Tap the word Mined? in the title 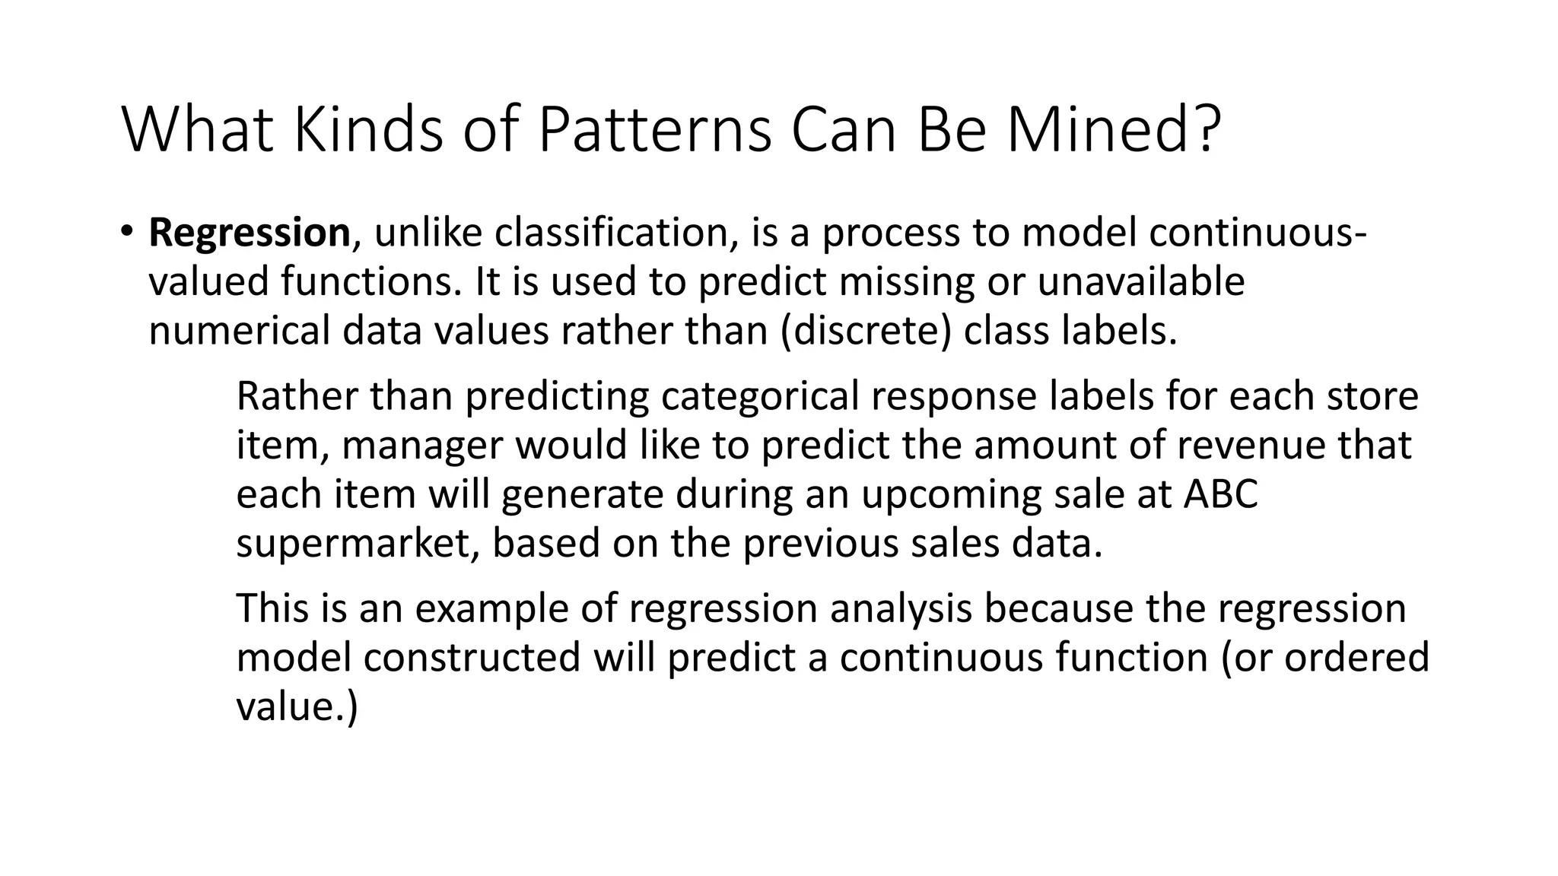(1114, 131)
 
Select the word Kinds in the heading (367, 131)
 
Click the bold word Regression (249, 233)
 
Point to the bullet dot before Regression (126, 230)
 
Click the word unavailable (1141, 281)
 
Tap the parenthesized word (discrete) (866, 331)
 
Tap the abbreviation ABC (1221, 494)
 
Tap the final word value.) (297, 706)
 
